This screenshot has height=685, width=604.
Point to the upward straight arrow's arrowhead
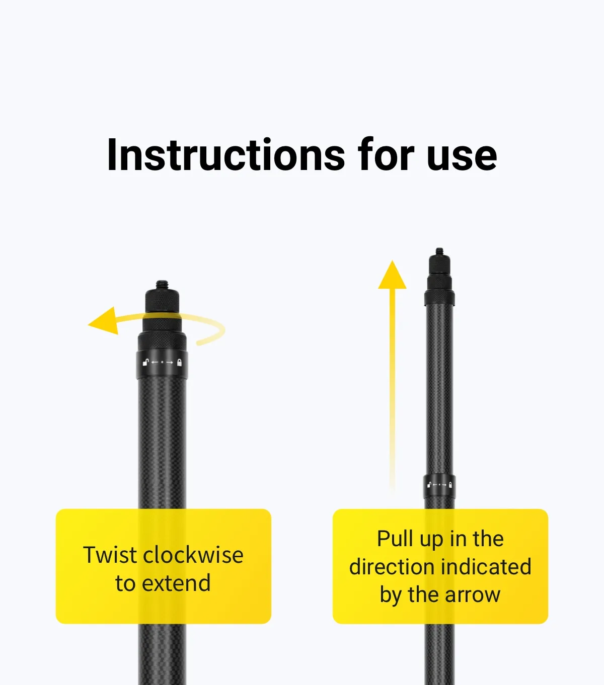click(x=392, y=276)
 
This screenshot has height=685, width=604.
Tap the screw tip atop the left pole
click(x=162, y=285)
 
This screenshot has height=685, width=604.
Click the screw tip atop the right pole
click(x=439, y=251)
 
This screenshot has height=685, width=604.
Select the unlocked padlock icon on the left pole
click(x=146, y=362)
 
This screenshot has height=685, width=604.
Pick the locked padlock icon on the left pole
click(x=179, y=362)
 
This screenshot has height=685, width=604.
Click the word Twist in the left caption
click(x=110, y=555)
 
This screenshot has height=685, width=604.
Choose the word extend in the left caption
click(x=176, y=583)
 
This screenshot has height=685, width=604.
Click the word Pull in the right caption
click(x=395, y=539)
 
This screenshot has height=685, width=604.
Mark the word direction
click(x=391, y=567)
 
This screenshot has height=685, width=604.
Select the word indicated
click(x=486, y=567)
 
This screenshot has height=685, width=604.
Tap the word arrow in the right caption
click(x=473, y=595)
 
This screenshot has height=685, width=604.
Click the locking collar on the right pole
click(x=439, y=486)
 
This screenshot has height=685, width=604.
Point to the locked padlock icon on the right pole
click(x=450, y=485)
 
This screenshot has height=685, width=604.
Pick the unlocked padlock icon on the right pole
click(x=429, y=485)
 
